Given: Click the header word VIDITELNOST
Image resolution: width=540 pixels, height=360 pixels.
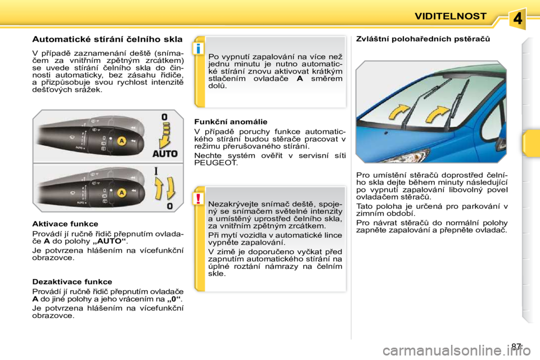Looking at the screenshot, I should pyautogui.click(x=450, y=16).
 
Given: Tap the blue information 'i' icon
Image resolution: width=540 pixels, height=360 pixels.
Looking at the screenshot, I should pyautogui.click(x=199, y=49).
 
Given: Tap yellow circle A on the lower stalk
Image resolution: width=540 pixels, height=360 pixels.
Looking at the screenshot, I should pyautogui.click(x=121, y=192).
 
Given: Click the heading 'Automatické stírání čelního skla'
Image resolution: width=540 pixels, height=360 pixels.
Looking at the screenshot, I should pyautogui.click(x=107, y=40).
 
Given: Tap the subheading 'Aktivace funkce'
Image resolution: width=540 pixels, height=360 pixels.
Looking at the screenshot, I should pyautogui.click(x=65, y=224).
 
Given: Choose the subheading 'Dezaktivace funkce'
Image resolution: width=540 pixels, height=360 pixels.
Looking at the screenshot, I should pyautogui.click(x=72, y=282).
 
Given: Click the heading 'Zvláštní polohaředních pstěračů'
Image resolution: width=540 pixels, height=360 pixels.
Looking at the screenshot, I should pyautogui.click(x=422, y=39).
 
